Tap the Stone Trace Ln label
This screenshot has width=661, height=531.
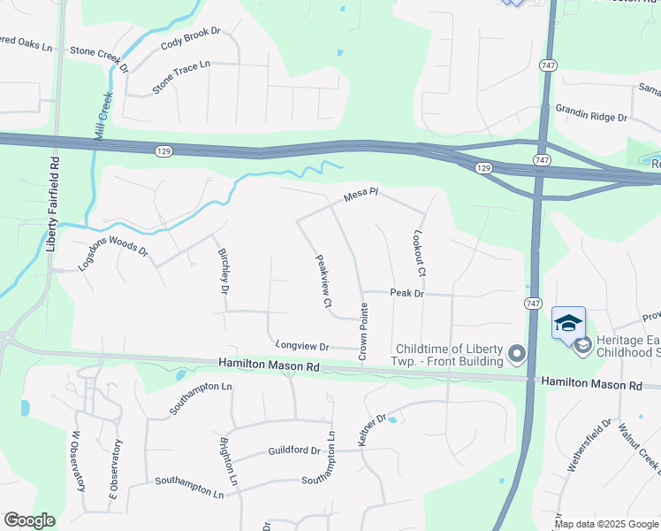[182, 77]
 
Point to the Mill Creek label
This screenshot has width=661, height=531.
[103, 115]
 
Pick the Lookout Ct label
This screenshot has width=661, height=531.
[420, 253]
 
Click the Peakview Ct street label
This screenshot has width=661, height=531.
[323, 282]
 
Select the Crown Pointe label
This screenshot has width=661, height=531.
[362, 332]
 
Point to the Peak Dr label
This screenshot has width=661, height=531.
[407, 293]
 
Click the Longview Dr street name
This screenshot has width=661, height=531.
[302, 346]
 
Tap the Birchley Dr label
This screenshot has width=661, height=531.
[224, 271]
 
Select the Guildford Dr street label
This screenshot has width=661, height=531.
[294, 450]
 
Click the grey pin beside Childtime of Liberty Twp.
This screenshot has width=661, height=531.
[517, 356]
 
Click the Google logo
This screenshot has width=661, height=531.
[29, 520]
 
